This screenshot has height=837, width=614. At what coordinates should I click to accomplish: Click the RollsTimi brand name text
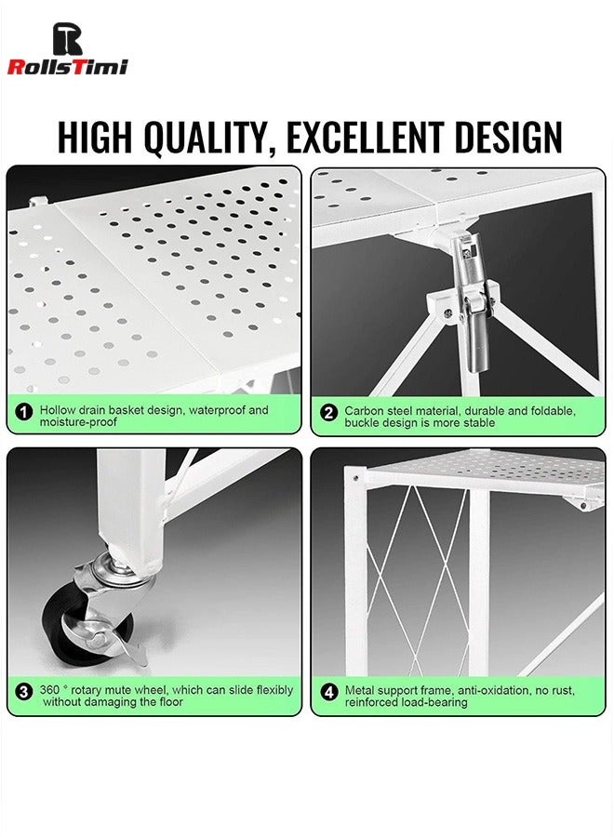[x=67, y=67]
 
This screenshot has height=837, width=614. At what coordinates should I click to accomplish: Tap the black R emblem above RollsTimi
[x=68, y=38]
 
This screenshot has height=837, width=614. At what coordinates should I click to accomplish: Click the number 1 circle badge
[x=23, y=412]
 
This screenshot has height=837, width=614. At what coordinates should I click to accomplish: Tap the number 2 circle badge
[x=329, y=412]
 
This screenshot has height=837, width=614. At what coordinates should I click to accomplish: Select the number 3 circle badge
[x=23, y=692]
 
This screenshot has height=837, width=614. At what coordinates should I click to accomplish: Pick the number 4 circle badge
[x=329, y=692]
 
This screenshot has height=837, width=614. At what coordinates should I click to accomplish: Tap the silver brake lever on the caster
[x=131, y=647]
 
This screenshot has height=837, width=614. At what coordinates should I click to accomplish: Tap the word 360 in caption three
[x=49, y=690]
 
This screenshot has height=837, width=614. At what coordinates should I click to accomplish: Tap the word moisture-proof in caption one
[x=78, y=421]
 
